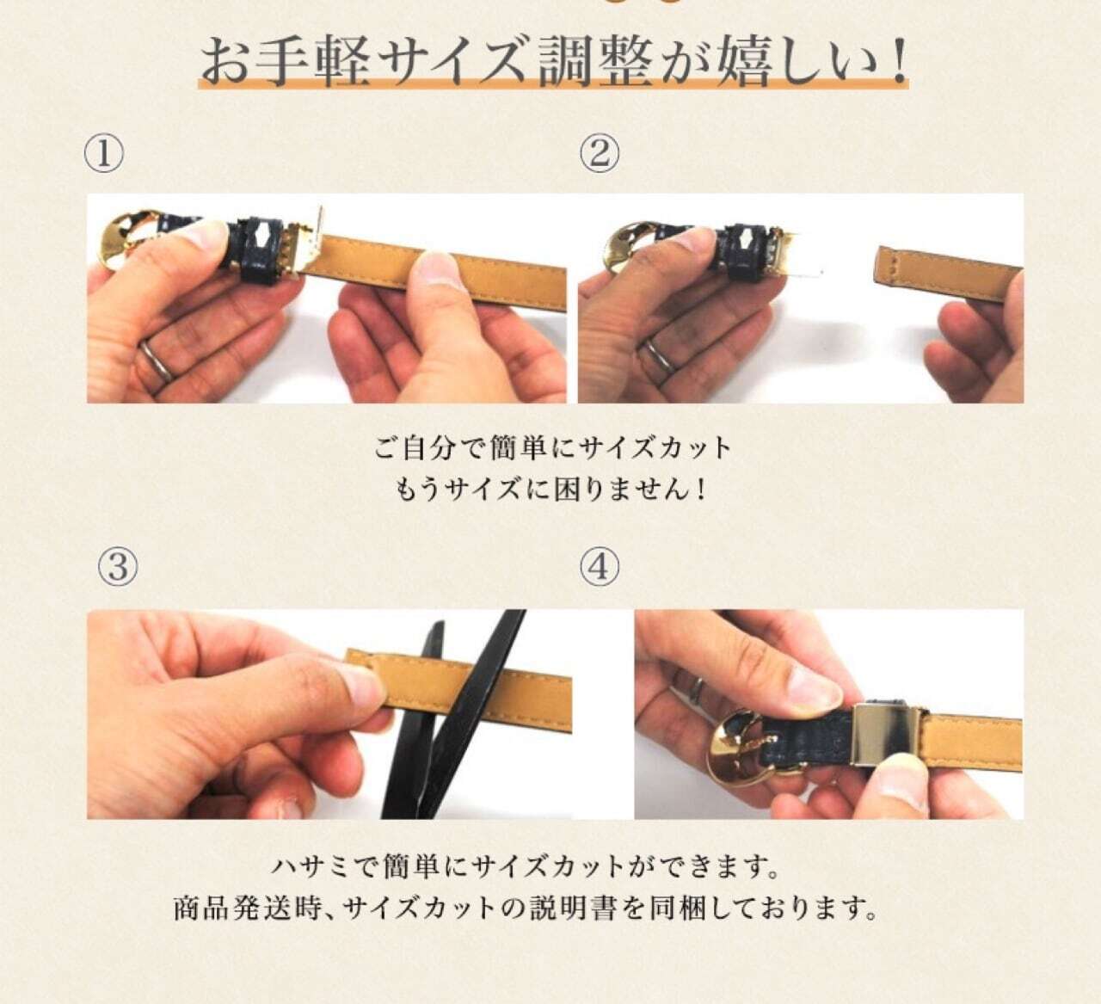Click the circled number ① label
[x=103, y=155]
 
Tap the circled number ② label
[x=600, y=154]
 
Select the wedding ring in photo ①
[x=156, y=360]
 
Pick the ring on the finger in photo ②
[x=658, y=355]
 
